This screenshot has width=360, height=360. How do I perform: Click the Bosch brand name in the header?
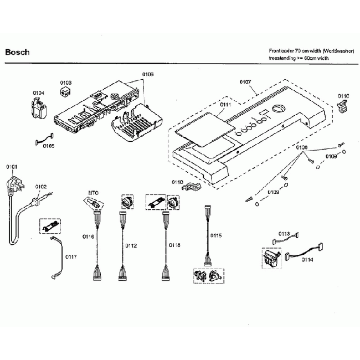pyautogui.click(x=17, y=53)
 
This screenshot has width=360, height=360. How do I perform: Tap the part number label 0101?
pyautogui.click(x=12, y=167)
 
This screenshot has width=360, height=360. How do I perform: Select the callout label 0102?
pyautogui.click(x=41, y=187)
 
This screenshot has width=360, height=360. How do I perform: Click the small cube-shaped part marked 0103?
pyautogui.click(x=66, y=92)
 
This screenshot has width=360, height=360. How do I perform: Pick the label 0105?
pyautogui.click(x=48, y=146)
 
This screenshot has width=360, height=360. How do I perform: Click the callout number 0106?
pyautogui.click(x=148, y=74)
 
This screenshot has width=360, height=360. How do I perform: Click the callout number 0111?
pyautogui.click(x=225, y=105)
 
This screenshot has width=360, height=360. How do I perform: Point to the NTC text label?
pyautogui.click(x=93, y=193)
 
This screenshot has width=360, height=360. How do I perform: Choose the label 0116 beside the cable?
pyautogui.click(x=89, y=236)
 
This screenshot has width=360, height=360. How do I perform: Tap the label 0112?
pyautogui.click(x=131, y=246)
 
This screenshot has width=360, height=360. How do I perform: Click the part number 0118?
pyautogui.click(x=174, y=244)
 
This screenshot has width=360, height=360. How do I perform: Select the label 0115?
pyautogui.click(x=216, y=235)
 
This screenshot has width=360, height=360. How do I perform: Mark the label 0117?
pyautogui.click(x=71, y=256)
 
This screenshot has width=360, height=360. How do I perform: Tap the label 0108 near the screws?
pyautogui.click(x=301, y=147)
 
